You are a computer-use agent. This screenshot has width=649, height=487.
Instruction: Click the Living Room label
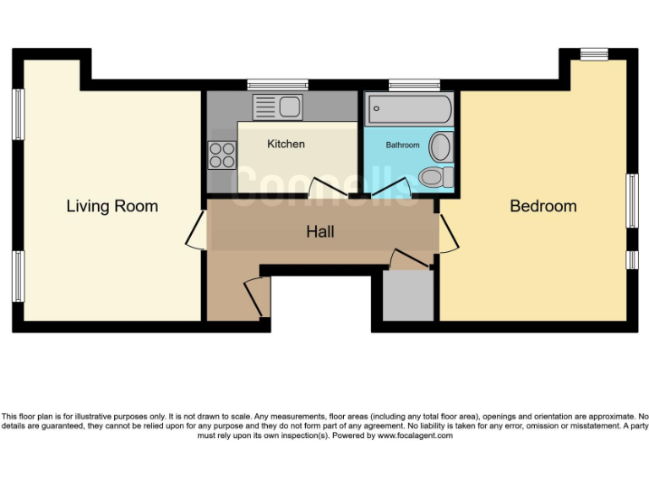coord(112,206)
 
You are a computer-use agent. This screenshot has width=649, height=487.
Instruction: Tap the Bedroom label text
coord(543,206)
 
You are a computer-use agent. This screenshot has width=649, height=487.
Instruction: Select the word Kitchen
coord(286,145)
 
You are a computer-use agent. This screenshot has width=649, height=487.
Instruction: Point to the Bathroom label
coord(402,145)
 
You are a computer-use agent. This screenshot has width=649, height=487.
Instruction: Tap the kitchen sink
coord(278,107)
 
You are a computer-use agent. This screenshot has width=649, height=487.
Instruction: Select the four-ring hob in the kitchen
coord(222,155)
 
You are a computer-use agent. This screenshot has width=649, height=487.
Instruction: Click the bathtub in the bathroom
coord(408,108)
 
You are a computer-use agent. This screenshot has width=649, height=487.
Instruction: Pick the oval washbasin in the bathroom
coord(441,147)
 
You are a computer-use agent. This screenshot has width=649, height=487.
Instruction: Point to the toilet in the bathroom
coord(436,178)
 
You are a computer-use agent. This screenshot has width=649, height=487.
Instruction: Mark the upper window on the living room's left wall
coord(18,113)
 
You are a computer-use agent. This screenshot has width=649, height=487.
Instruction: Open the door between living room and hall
coord(195,230)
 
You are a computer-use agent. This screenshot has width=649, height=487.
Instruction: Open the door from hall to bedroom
coord(448,233)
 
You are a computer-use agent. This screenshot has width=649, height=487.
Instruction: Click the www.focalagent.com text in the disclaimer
coord(415,435)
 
